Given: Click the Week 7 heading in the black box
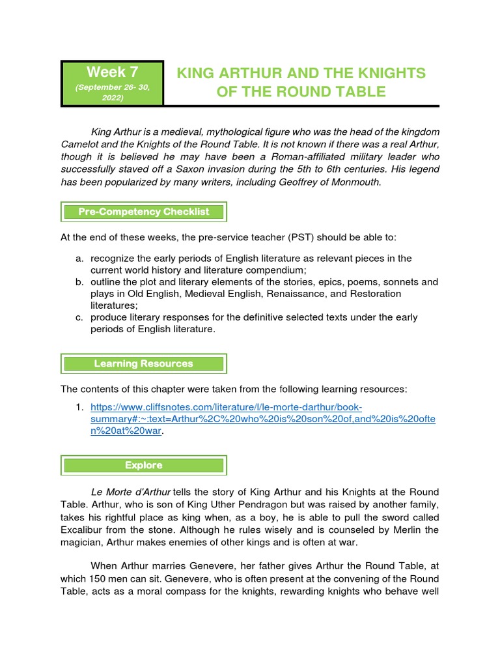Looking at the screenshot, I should pos(112,72).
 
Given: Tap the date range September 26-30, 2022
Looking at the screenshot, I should pos(112,92).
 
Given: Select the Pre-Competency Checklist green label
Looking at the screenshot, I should pos(143,212).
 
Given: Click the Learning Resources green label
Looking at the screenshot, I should pos(143,363).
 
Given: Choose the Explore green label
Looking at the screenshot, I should pos(143,465).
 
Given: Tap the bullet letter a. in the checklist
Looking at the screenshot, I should pos(79,259).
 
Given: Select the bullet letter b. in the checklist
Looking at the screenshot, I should pos(79,282).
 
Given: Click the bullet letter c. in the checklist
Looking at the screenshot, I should pos(79,317).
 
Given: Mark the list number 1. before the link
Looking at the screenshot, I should pos(79,407).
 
